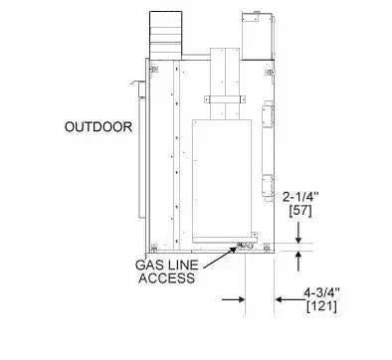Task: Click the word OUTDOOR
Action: pyautogui.click(x=98, y=126)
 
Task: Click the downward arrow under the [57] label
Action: pyautogui.click(x=299, y=233)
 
